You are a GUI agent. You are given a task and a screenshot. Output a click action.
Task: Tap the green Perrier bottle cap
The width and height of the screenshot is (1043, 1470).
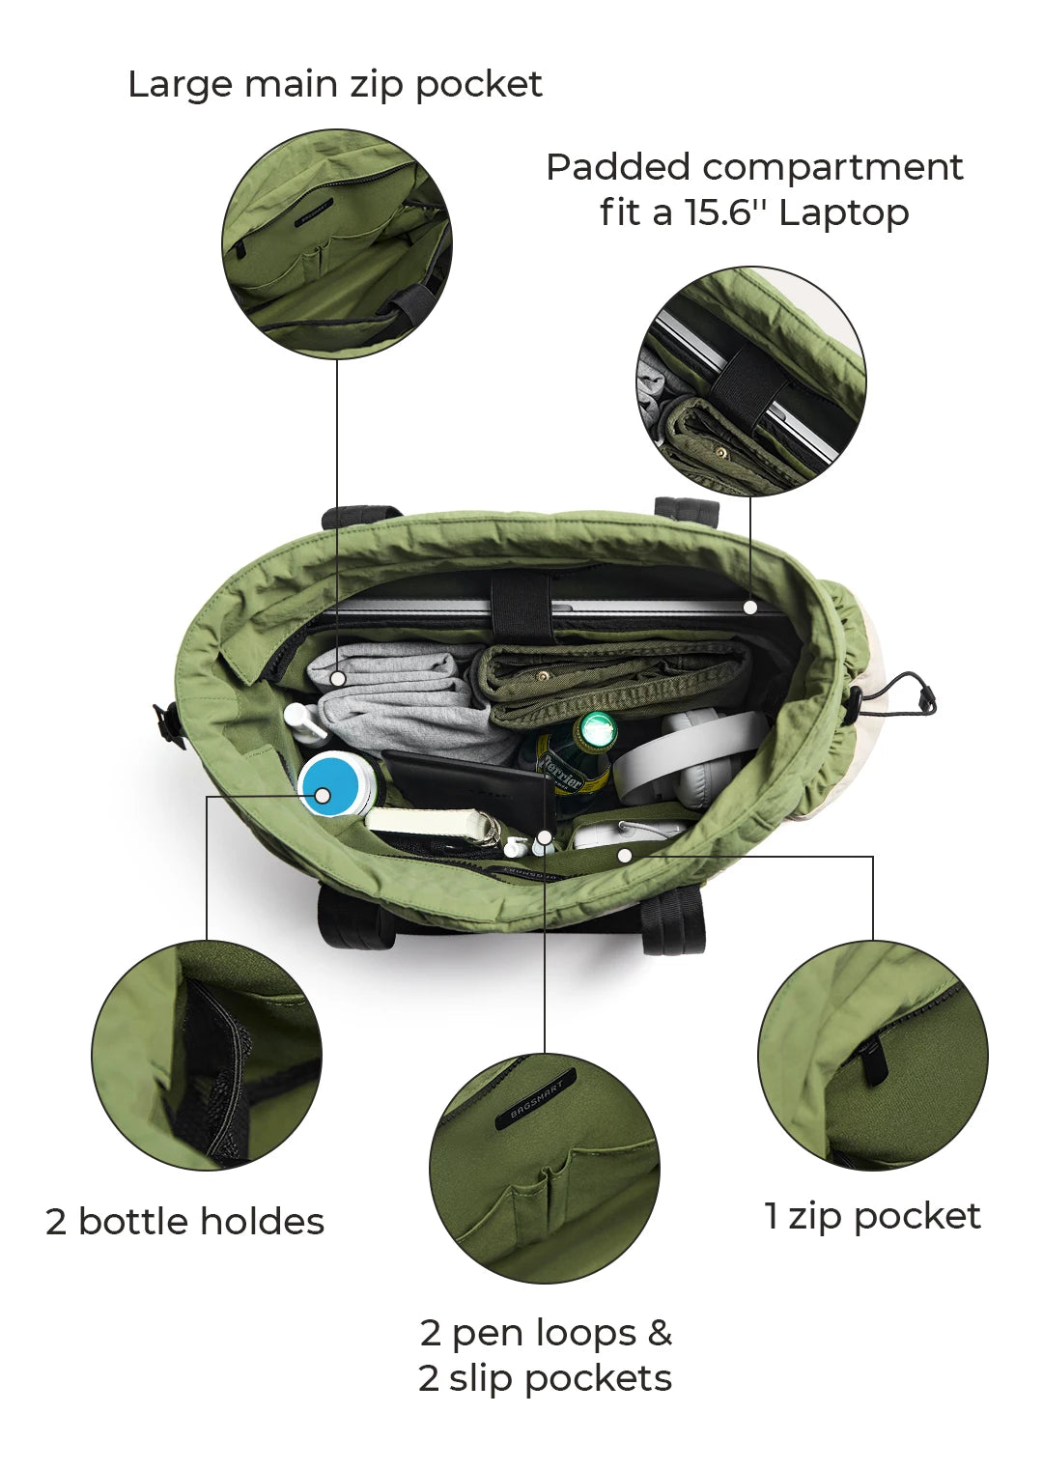coord(597,730)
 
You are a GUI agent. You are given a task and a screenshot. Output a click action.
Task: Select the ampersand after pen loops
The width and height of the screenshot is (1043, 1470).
coord(659,1333)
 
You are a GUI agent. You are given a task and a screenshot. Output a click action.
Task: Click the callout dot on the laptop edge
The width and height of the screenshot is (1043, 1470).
coord(750,608)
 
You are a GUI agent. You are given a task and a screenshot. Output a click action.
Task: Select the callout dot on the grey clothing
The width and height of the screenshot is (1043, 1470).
coord(338,678)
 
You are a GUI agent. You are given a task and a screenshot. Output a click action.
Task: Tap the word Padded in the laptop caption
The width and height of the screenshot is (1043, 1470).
coord(617,167)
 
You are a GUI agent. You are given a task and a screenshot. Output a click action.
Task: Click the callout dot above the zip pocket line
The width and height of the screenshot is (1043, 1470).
coord(626,855)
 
